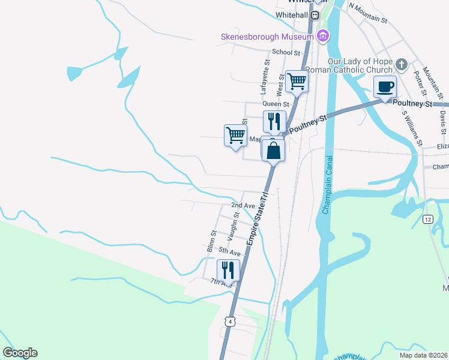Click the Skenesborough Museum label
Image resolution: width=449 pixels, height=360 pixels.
[x=266, y=37]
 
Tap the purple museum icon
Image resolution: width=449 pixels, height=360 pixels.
[x=323, y=36]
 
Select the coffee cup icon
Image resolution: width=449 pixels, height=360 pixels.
[x=385, y=86]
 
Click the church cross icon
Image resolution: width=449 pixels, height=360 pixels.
[x=402, y=64]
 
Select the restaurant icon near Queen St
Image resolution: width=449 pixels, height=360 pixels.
[x=274, y=121]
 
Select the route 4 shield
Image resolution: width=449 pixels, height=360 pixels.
[x=230, y=322]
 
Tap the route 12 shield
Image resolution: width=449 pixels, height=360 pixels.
[x=428, y=220]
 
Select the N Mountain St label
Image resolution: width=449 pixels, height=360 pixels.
[x=368, y=14]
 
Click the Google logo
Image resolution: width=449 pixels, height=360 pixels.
[x=20, y=353]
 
